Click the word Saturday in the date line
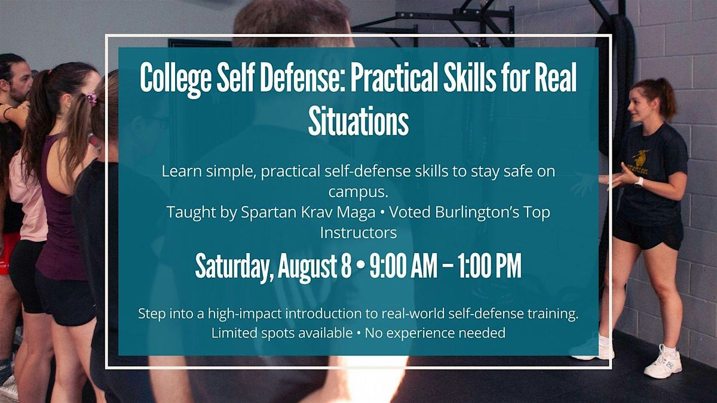(235, 266)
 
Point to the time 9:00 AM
(403, 266)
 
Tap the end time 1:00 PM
(489, 266)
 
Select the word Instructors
(358, 233)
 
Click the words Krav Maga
(339, 213)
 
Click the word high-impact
(245, 314)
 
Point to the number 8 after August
(346, 266)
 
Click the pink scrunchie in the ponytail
(92, 99)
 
